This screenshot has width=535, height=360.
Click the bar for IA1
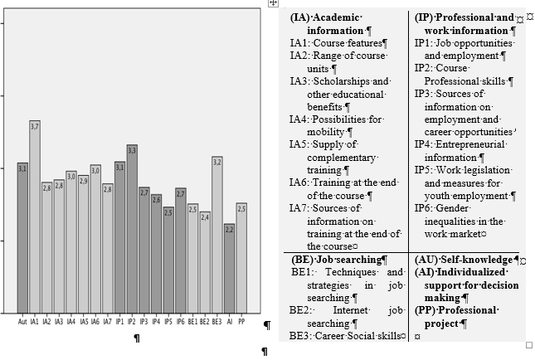click(x=35, y=216)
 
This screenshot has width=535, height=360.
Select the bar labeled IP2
click(x=132, y=229)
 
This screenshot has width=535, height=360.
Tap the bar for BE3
click(x=217, y=235)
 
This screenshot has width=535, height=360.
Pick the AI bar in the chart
click(x=229, y=269)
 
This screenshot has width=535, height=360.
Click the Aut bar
click(x=22, y=238)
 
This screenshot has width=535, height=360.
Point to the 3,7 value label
click(x=35, y=127)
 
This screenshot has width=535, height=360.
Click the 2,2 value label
click(x=229, y=230)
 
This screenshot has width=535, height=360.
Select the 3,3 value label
click(x=132, y=150)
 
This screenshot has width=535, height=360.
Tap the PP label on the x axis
click(x=241, y=322)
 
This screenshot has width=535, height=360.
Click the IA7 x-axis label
click(x=108, y=322)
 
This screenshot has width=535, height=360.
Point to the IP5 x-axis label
click(x=168, y=322)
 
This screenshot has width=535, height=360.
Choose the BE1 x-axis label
click(x=192, y=322)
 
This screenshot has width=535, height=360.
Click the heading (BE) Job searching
click(x=337, y=260)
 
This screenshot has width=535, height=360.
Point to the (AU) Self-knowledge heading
click(x=464, y=260)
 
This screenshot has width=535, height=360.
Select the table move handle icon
click(x=273, y=3)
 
